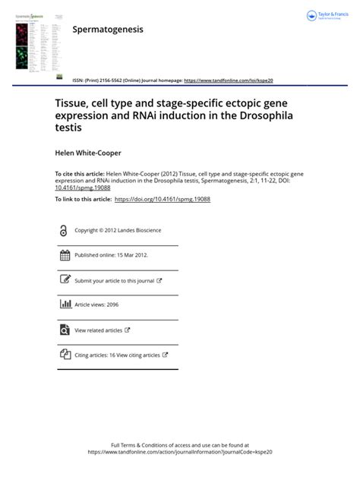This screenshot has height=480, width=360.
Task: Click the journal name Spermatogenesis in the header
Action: [x=107, y=30]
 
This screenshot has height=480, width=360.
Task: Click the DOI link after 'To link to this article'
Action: [x=162, y=199]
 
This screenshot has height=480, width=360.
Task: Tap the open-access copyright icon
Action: [x=65, y=230]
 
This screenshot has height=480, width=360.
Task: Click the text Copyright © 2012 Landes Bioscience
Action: [x=118, y=230]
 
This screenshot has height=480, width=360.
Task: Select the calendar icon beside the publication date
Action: [x=65, y=255]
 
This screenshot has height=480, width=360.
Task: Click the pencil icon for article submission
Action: [x=65, y=280]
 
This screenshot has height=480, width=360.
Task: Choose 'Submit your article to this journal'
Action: [x=115, y=280]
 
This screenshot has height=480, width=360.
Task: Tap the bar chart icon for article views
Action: [x=65, y=305]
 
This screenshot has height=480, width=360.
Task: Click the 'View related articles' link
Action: [x=99, y=330]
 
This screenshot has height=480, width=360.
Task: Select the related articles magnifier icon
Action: [x=65, y=330]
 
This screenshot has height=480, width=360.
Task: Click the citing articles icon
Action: [x=65, y=355]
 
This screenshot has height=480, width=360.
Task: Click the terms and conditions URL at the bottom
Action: [x=180, y=451]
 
